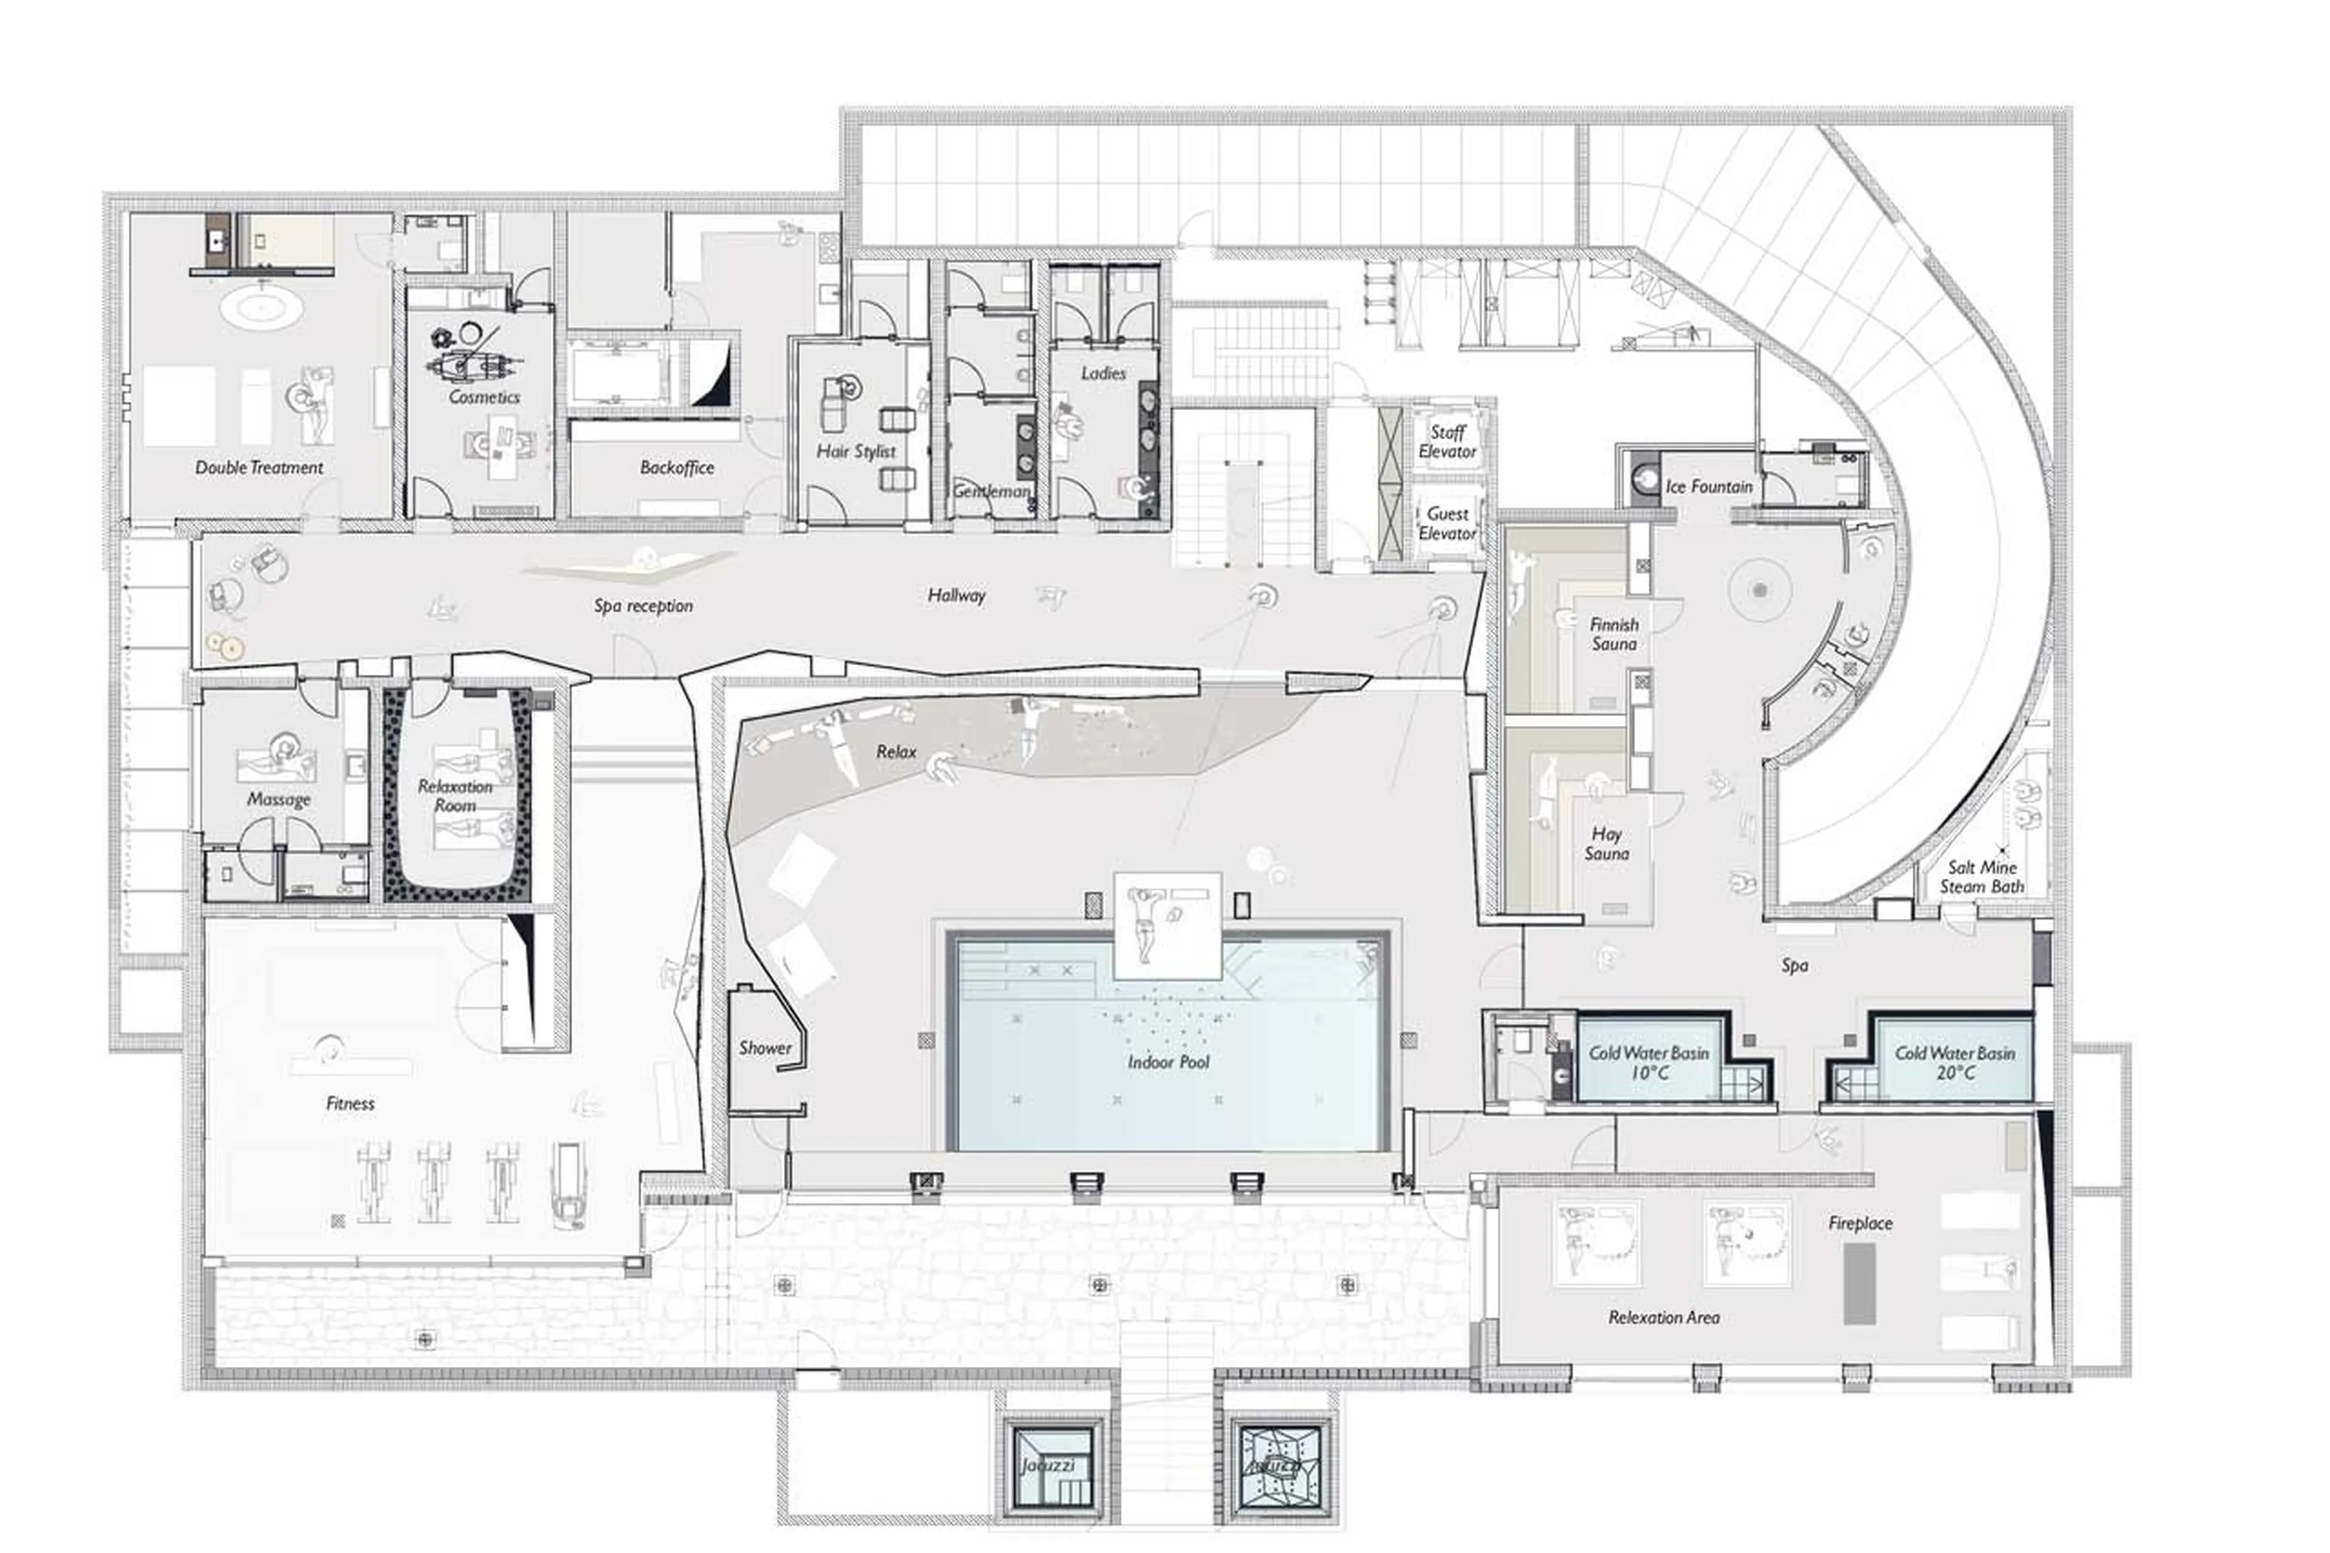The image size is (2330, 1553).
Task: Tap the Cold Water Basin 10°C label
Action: click(x=1648, y=1063)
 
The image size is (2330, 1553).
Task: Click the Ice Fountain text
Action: click(x=1708, y=486)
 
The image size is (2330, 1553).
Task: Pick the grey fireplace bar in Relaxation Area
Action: click(x=1859, y=1284)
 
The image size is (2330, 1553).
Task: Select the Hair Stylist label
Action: click(x=856, y=452)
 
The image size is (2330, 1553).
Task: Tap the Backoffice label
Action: click(x=677, y=467)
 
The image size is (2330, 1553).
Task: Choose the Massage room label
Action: click(x=279, y=799)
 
